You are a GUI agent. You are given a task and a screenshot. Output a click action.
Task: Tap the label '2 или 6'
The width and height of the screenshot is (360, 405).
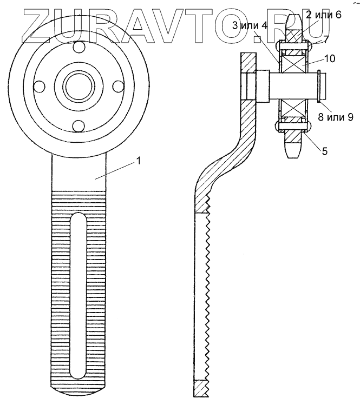point(323,15)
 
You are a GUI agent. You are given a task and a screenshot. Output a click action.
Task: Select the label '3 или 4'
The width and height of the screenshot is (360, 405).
point(250,26)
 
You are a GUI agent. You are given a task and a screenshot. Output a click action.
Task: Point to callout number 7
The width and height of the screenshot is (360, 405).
point(325,41)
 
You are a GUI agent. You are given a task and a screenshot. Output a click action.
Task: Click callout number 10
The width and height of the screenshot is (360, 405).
point(330,58)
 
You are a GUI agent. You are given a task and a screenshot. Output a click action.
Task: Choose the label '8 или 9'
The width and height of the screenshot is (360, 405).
point(336,117)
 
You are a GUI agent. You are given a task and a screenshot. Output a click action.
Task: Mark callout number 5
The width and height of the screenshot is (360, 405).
point(325,151)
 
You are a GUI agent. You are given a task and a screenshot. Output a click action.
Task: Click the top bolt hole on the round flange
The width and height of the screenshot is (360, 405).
point(78,48)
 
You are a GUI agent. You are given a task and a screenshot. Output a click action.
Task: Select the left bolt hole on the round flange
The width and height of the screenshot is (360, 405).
point(40,86)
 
